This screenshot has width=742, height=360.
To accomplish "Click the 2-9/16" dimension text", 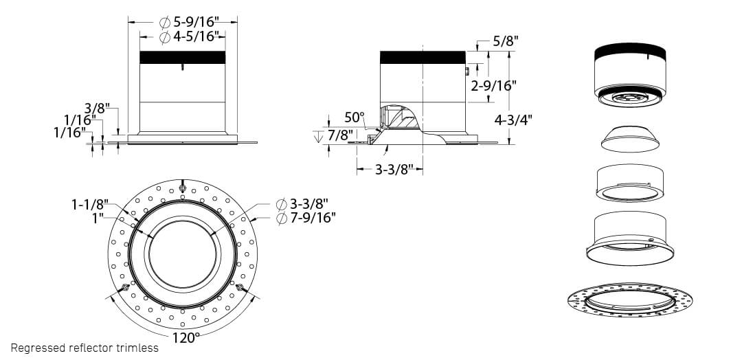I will tap(494, 86).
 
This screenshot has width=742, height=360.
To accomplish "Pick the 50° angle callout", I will tap(354, 117).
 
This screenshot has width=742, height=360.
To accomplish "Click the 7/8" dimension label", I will tap(339, 135).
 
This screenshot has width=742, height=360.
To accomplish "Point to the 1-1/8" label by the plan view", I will tap(90, 204).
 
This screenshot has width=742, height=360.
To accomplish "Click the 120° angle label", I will tap(185, 337).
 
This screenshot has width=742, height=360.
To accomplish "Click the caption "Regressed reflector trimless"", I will tap(85, 348).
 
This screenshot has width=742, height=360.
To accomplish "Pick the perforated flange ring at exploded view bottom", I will tap(629, 300).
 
